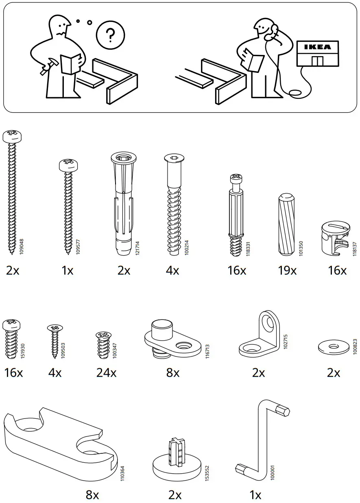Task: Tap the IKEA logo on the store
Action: (318, 47)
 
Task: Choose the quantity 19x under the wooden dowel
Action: (287, 271)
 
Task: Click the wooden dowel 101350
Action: (286, 225)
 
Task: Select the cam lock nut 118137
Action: (335, 238)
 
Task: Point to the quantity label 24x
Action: (106, 372)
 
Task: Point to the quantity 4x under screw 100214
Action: (172, 271)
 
